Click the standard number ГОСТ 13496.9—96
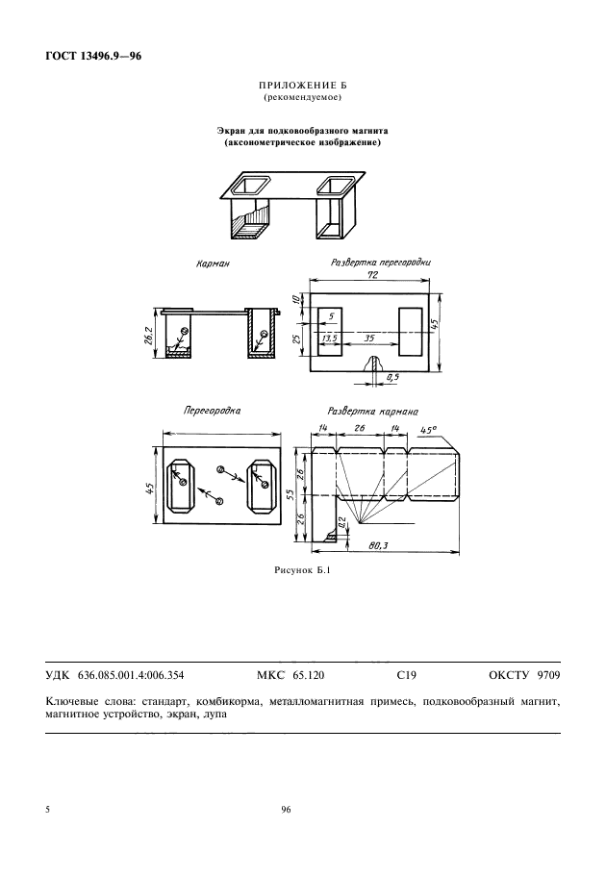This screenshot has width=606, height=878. (x=93, y=56)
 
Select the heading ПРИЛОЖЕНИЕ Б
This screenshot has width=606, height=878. (x=303, y=86)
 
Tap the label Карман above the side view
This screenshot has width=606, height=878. (x=213, y=263)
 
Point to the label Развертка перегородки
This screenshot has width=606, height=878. (x=381, y=262)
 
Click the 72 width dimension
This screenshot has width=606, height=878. (x=372, y=275)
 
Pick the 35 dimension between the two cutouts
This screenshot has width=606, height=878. (x=369, y=339)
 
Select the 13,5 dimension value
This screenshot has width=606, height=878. (x=329, y=339)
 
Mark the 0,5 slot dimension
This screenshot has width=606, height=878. (x=392, y=378)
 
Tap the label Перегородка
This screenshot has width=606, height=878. (x=213, y=411)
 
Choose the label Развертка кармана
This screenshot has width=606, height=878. (x=373, y=412)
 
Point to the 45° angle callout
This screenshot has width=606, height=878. (x=428, y=430)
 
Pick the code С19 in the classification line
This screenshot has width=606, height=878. (x=406, y=675)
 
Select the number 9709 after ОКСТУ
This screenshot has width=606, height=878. (x=548, y=675)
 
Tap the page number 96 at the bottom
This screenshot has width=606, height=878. (x=287, y=810)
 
